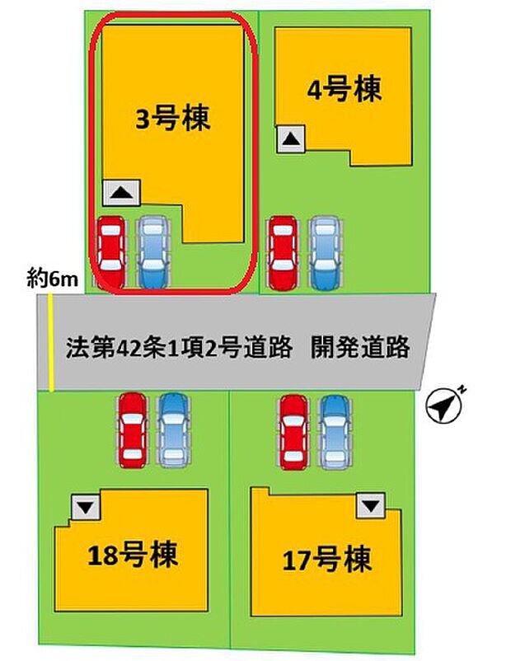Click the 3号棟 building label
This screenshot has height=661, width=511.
[x=173, y=119]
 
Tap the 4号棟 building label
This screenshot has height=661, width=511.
[x=344, y=89]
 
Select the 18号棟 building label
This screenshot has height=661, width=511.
[x=133, y=555]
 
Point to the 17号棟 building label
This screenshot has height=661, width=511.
[x=327, y=560]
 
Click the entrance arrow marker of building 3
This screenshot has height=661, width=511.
[x=121, y=193]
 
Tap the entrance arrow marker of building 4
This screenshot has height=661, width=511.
[x=290, y=138]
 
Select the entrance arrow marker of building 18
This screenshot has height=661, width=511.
[x=86, y=507]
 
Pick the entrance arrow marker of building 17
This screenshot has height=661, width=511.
[x=371, y=505]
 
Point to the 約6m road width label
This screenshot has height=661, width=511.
[x=52, y=279]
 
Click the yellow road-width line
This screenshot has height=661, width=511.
[x=50, y=342]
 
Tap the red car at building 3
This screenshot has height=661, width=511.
[x=111, y=252]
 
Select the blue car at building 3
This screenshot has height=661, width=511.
[x=153, y=252]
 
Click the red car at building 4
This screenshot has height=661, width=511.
[x=284, y=253]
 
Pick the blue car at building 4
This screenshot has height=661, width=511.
[x=325, y=253]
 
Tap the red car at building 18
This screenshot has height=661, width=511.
[x=133, y=430]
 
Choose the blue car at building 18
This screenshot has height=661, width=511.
[x=173, y=430]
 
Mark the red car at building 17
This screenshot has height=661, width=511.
[x=294, y=432]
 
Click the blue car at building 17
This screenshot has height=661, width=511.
[x=335, y=432]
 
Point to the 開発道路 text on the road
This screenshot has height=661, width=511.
[x=360, y=348]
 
